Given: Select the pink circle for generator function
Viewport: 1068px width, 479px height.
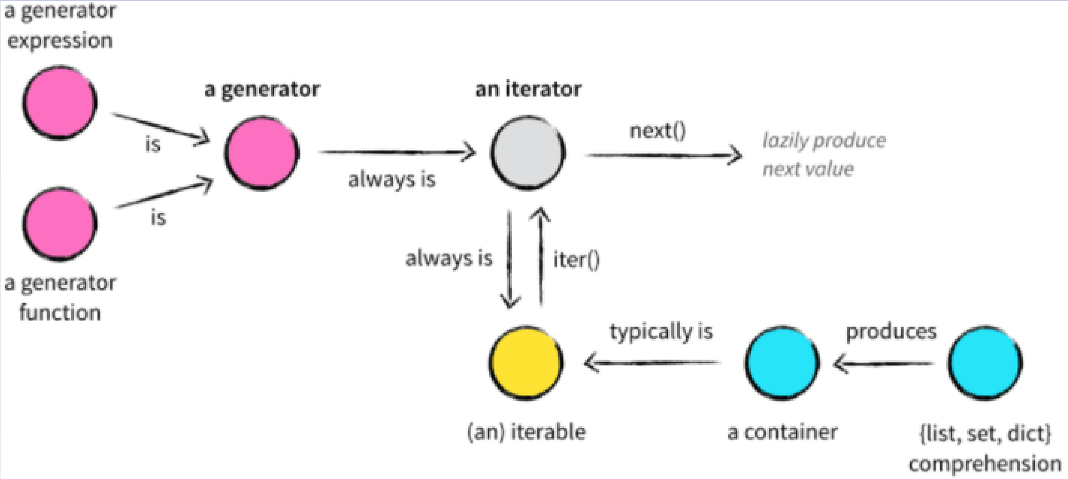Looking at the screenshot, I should [60, 223].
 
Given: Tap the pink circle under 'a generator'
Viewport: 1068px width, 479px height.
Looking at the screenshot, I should [262, 152].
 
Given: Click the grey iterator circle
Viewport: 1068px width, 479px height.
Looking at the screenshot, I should [528, 152].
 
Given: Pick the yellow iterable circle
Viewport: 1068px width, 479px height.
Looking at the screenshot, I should [526, 363].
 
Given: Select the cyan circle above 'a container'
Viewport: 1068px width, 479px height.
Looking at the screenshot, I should [782, 363].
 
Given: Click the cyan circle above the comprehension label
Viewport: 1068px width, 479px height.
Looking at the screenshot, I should [985, 363].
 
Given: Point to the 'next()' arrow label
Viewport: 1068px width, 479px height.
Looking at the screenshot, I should [658, 131].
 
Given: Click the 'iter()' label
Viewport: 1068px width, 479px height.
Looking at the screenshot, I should [576, 260].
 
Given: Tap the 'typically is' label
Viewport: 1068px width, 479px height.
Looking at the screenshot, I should [661, 332].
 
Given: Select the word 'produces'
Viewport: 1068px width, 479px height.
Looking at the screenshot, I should [891, 332].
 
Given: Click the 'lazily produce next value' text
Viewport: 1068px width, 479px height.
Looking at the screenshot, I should [823, 154].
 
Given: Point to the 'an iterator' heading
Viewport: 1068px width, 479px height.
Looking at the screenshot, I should [528, 89].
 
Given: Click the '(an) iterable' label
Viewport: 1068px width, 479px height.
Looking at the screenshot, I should [526, 432].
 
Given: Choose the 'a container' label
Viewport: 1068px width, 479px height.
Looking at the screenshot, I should [782, 432].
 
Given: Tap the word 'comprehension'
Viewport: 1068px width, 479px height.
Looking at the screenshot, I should [985, 464].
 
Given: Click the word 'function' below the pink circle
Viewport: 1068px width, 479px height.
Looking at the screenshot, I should [60, 313].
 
